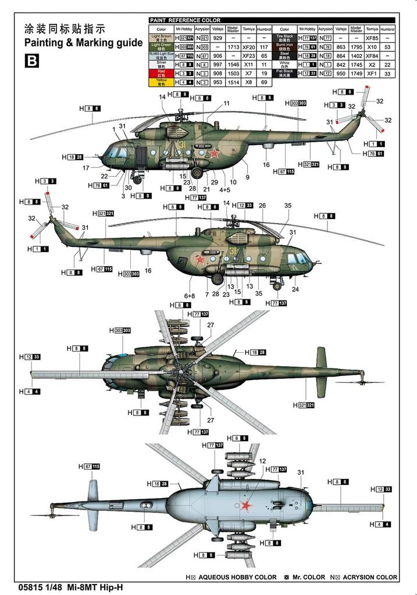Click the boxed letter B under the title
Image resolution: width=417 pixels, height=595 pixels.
[x=31, y=60]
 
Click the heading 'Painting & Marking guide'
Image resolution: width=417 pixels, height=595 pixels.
[x=83, y=42]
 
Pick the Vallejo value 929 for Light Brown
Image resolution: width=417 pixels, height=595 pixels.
[x=217, y=38]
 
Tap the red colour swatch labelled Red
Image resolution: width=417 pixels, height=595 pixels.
[x=161, y=73]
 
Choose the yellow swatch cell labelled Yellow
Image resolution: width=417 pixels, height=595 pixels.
[x=161, y=83]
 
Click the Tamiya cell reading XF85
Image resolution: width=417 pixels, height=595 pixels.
[x=372, y=38]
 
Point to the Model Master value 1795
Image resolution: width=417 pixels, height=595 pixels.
[x=357, y=47]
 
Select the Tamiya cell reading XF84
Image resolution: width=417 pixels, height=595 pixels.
[x=372, y=56]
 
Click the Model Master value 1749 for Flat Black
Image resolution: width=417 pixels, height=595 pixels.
[x=357, y=74]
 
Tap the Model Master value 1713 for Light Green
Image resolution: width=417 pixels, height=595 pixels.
[x=233, y=47]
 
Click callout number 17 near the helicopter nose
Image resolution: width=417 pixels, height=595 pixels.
[x=86, y=168]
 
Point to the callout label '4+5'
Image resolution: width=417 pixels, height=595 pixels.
[x=225, y=189]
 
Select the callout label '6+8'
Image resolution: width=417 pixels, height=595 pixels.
[x=190, y=295]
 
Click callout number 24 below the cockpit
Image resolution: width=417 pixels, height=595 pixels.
[x=295, y=289]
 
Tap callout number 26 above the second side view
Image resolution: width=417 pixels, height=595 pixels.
[x=262, y=206]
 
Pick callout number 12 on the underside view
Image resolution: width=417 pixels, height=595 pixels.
[x=262, y=461]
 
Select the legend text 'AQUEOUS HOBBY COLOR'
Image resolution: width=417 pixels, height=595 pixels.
[x=237, y=578]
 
